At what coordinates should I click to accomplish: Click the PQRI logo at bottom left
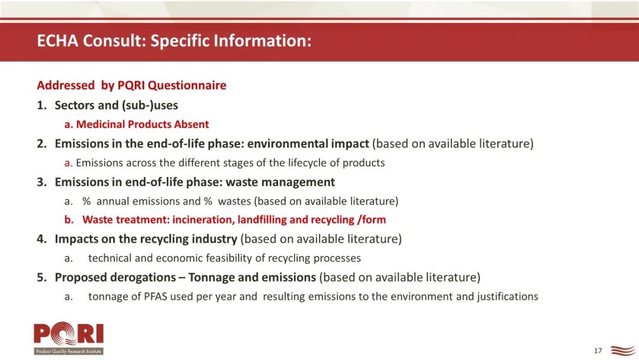click(x=69, y=338)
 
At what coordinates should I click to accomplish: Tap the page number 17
click(x=598, y=351)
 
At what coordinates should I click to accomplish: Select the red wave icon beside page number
click(x=622, y=350)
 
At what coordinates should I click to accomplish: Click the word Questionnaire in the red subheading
click(x=187, y=85)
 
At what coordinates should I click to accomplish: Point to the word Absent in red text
click(x=192, y=124)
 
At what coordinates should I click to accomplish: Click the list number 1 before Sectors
click(x=41, y=105)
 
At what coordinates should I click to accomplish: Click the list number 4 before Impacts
click(x=41, y=239)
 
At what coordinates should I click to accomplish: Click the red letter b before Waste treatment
click(x=69, y=220)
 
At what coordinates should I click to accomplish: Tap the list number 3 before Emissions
click(x=41, y=182)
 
